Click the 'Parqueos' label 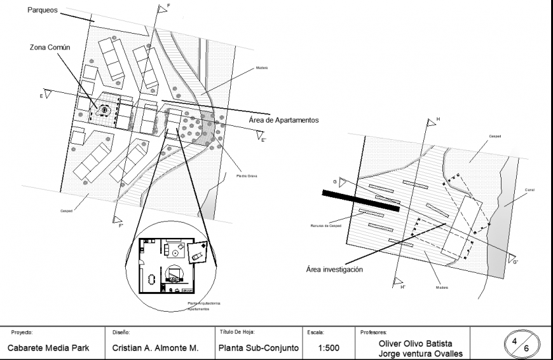(x=43, y=11)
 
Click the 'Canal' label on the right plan (x=529, y=190)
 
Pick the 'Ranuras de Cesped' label (x=327, y=226)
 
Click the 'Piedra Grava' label (x=246, y=176)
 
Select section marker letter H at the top (x=437, y=119)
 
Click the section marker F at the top (x=168, y=6)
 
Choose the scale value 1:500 (x=328, y=349)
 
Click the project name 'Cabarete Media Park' (x=48, y=349)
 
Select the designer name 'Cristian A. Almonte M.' (x=156, y=349)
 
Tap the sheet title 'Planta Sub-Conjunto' (x=258, y=349)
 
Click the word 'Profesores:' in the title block (x=373, y=332)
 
